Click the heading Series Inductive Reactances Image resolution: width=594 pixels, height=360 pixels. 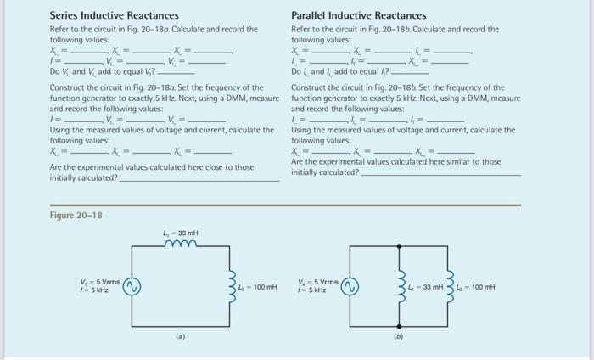pos(115,15)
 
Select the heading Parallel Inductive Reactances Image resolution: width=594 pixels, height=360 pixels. pos(359,15)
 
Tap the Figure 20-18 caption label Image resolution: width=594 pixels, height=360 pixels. pos(76,216)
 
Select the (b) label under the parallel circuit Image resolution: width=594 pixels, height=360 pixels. pos(397,335)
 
